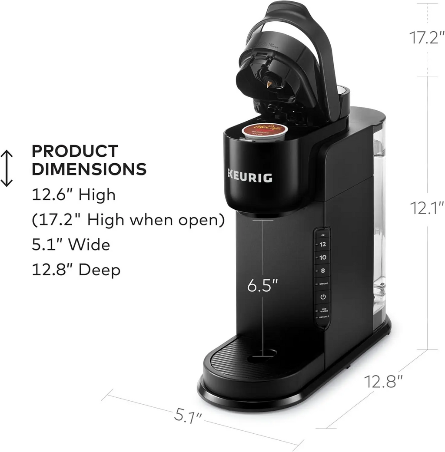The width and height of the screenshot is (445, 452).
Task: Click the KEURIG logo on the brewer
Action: pos(250,177)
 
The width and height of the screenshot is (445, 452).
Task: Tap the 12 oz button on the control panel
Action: pos(322,244)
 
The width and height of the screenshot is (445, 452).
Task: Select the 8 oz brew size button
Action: pos(322,271)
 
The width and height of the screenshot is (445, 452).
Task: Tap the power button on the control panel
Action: pos(322,297)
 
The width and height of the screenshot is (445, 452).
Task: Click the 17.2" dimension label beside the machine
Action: pos(425,38)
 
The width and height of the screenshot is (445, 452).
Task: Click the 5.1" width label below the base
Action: pos(189,416)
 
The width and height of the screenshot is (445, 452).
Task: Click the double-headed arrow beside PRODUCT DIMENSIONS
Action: pos(7,168)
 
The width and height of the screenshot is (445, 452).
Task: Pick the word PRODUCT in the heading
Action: pos(75,151)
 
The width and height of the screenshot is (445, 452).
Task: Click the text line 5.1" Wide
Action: pos(71,244)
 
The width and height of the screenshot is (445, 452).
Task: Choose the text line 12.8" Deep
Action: pos(76,270)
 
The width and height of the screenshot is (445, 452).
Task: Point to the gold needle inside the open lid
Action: pos(271,84)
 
